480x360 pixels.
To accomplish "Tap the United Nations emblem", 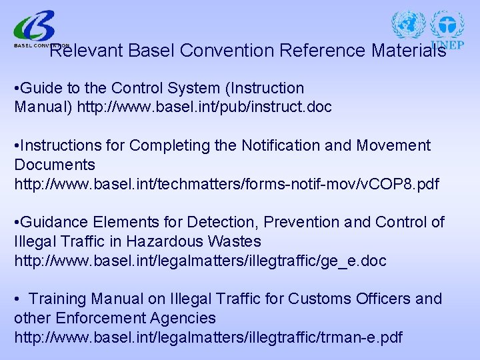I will click(x=409, y=25).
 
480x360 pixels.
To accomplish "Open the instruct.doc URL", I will click(x=204, y=107).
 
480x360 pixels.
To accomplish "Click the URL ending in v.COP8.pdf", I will click(x=227, y=184).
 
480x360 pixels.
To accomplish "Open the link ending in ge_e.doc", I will click(x=200, y=261).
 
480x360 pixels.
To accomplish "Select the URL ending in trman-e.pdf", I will click(x=208, y=337).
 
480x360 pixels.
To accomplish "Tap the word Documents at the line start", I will click(x=55, y=165).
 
